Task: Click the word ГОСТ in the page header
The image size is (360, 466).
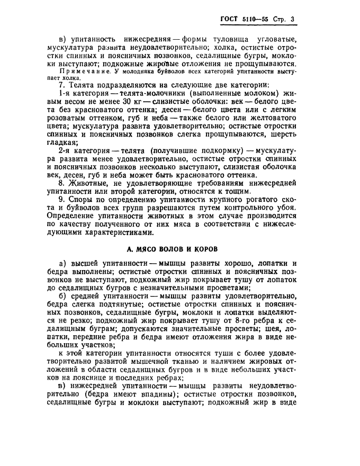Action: tap(231, 20)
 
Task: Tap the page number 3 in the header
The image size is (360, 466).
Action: tap(292, 20)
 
